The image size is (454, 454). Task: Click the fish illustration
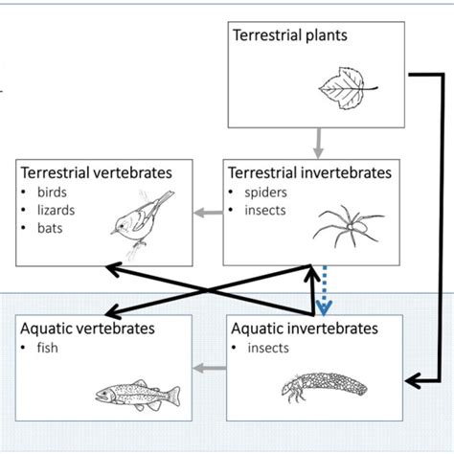pyautogui.click(x=138, y=393)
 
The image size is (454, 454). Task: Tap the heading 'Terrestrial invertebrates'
pyautogui.click(x=309, y=173)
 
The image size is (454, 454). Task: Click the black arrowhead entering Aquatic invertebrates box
pyautogui.click(x=413, y=381)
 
